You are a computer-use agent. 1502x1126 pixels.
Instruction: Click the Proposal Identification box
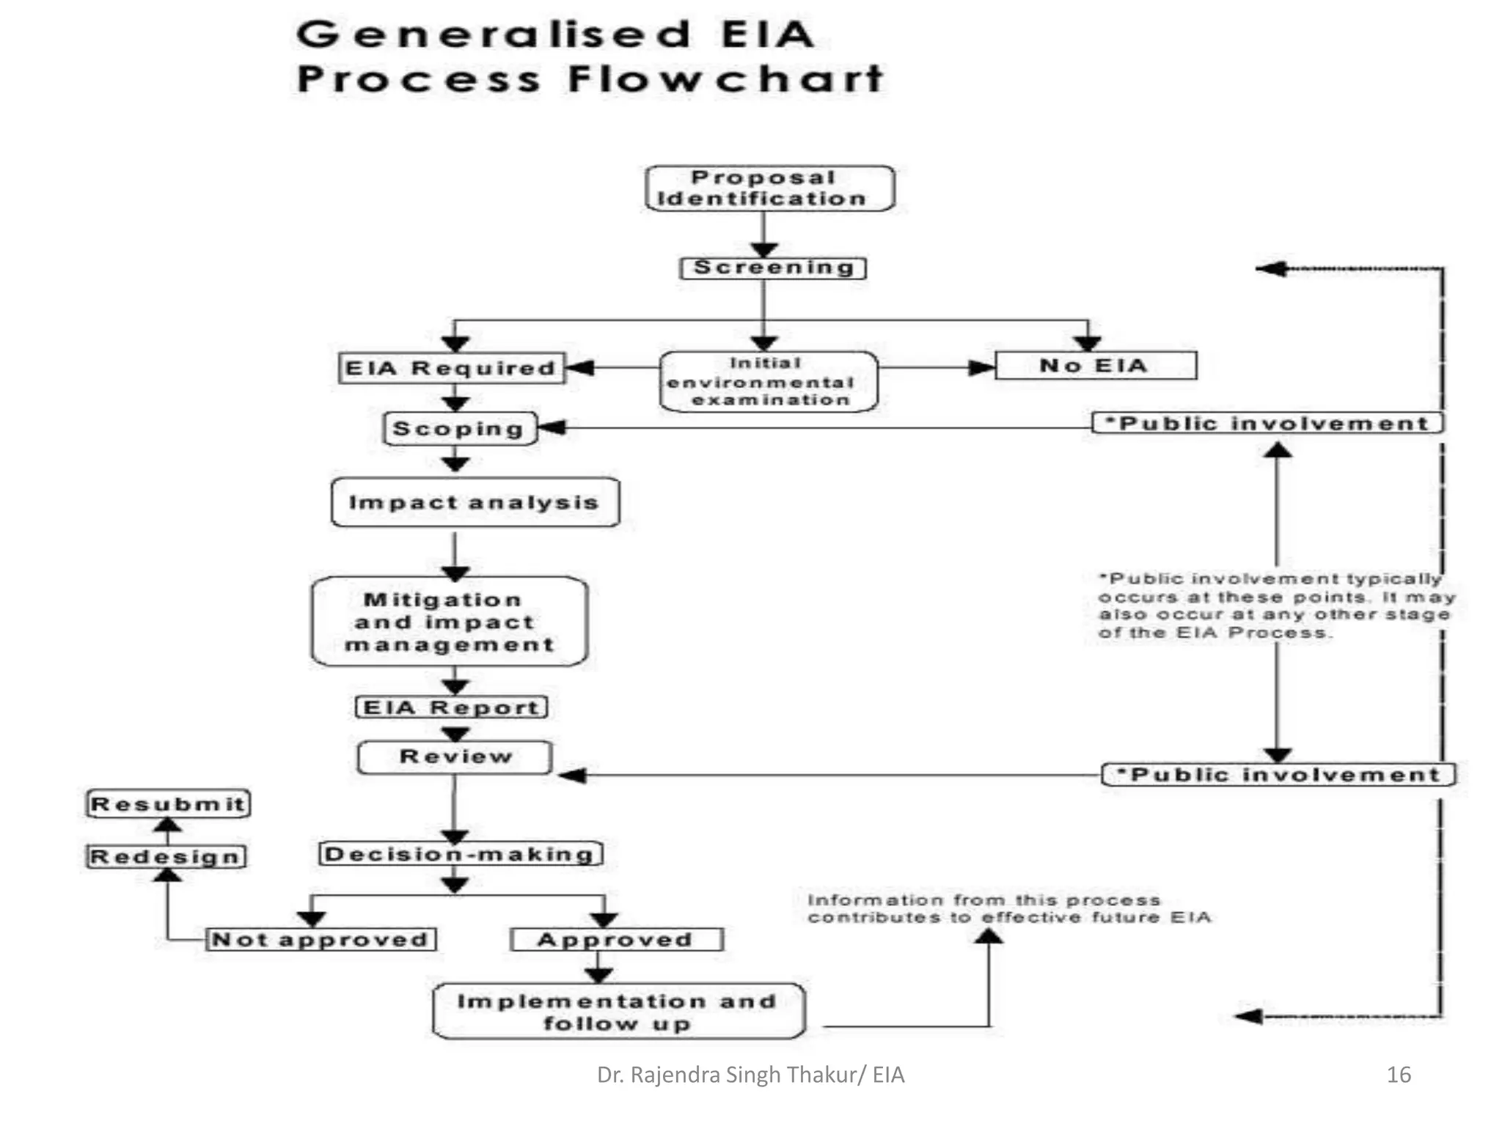click(769, 188)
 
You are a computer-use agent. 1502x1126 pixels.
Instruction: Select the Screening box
click(773, 268)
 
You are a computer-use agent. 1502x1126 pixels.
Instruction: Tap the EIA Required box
click(450, 368)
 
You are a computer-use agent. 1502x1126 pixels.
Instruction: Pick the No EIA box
click(1095, 365)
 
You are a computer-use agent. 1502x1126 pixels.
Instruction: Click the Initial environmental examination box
click(768, 381)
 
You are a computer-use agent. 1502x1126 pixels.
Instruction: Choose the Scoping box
click(459, 428)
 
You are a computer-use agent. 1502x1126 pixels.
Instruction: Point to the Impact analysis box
click(475, 502)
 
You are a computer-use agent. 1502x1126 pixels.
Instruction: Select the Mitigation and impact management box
click(449, 622)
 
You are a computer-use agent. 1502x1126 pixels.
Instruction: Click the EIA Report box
click(451, 707)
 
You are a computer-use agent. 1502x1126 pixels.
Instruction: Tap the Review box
click(454, 757)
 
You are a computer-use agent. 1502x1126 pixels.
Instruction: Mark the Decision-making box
click(460, 854)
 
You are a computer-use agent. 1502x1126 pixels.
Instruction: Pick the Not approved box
click(320, 939)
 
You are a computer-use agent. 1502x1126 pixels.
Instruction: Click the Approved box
click(616, 939)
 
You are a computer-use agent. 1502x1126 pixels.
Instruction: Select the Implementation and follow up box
click(618, 1012)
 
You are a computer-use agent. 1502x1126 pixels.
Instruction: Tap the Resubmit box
click(168, 803)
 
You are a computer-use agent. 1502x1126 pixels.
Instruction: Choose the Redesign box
click(166, 856)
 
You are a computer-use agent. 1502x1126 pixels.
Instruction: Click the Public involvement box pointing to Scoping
click(1267, 423)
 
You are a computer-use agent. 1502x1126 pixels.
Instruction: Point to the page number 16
click(1399, 1075)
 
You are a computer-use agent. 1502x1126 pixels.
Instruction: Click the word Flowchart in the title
click(725, 78)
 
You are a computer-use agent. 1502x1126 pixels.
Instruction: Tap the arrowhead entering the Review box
click(572, 775)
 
